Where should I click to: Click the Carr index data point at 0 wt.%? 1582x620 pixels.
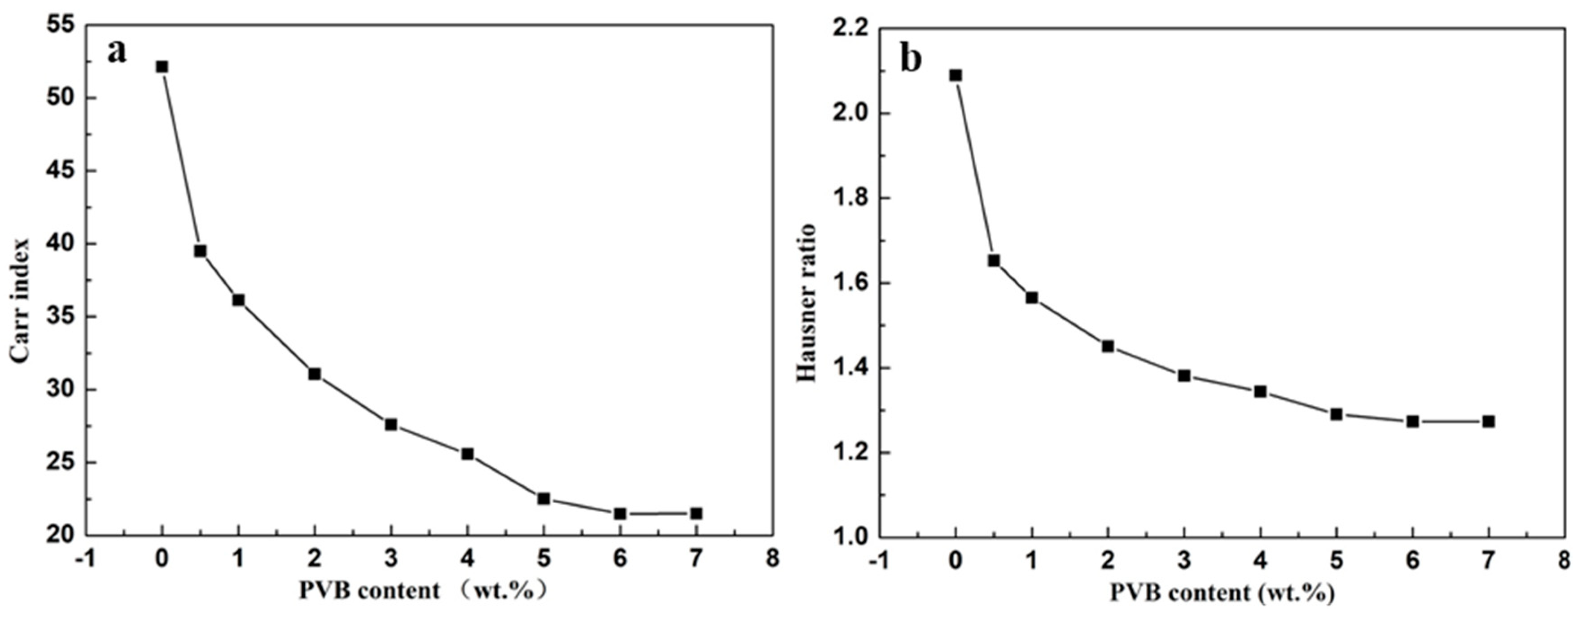162,66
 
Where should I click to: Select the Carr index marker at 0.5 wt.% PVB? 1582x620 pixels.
200,251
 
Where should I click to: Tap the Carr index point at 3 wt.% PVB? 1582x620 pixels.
391,425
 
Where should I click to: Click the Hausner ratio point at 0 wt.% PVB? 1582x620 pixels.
955,75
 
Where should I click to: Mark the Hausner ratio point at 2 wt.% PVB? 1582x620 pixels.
1108,347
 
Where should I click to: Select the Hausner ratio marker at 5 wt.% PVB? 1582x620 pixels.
1337,414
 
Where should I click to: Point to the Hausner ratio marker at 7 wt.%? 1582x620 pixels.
1489,422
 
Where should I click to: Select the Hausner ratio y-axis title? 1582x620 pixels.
806,302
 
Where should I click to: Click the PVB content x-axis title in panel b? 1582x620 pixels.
1222,593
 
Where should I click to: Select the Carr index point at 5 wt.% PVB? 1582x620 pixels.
543,498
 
